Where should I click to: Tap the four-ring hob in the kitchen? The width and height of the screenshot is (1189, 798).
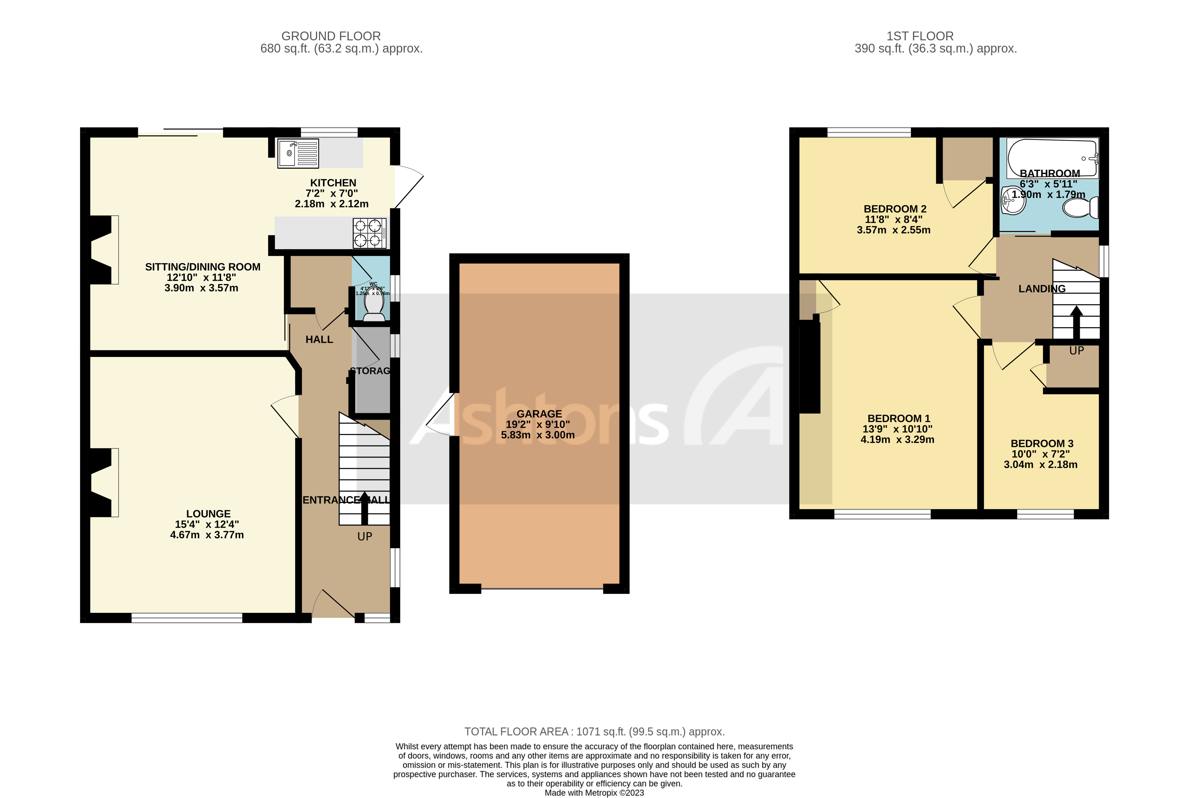[369, 233]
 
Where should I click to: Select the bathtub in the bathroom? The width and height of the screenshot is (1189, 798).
[1052, 157]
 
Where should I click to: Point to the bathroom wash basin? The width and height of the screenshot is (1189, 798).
[1013, 201]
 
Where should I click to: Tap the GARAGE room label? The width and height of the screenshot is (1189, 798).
[539, 414]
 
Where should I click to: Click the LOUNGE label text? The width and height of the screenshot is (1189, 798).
[208, 514]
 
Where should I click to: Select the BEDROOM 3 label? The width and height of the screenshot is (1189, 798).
[1042, 443]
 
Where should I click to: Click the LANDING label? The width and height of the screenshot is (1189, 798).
[1042, 288]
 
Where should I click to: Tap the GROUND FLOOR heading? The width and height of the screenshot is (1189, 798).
[331, 36]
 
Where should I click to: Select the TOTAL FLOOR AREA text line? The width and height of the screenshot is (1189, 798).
[594, 731]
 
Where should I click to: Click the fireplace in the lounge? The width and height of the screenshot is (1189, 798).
[102, 482]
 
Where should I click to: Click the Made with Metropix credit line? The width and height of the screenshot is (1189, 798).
[594, 792]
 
